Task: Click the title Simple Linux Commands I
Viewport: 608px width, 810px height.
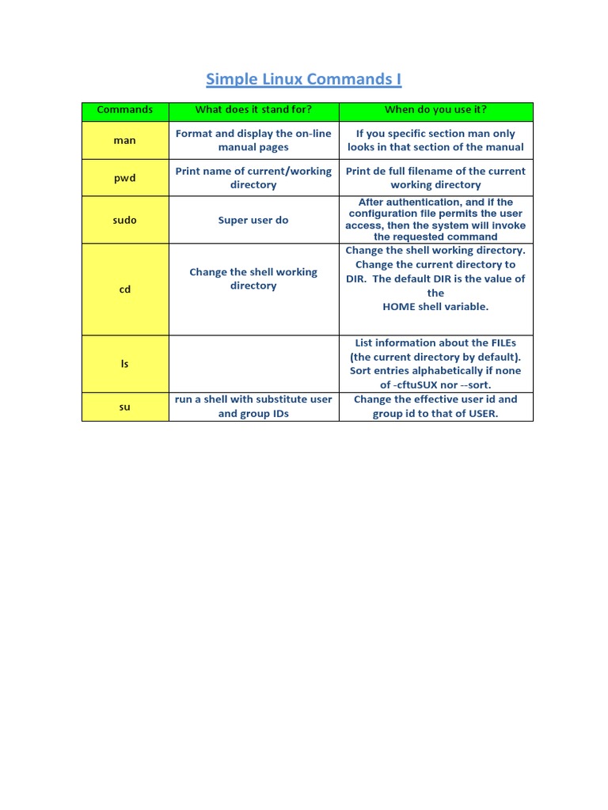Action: (x=304, y=79)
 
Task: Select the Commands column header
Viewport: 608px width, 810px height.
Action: (x=125, y=110)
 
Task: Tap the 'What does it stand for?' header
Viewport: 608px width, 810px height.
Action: (x=253, y=110)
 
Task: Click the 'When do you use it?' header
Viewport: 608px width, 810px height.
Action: (x=435, y=110)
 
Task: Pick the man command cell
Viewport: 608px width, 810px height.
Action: (x=125, y=140)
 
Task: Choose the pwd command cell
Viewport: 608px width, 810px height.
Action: (x=125, y=178)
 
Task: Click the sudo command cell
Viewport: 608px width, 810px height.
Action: (x=125, y=220)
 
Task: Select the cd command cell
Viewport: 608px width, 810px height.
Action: (x=125, y=290)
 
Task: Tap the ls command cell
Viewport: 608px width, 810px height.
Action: (x=125, y=364)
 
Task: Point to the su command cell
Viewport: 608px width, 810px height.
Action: (x=125, y=407)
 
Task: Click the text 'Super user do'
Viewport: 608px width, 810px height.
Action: (x=253, y=220)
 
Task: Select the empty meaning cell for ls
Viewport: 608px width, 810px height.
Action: (x=253, y=364)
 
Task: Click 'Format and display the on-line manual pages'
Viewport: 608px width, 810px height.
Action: (x=253, y=140)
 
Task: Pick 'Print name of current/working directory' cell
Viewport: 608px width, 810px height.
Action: (x=253, y=178)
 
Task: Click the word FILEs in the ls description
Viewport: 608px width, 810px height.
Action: (x=499, y=343)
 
